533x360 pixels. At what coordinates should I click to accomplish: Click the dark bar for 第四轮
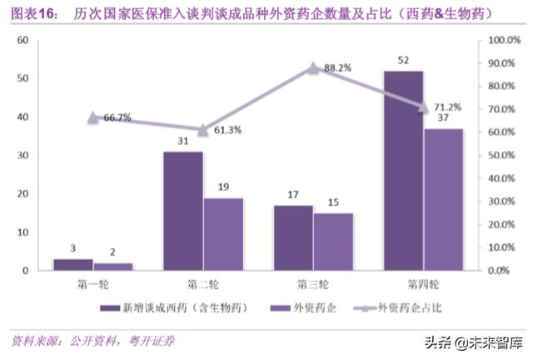[x=403, y=170]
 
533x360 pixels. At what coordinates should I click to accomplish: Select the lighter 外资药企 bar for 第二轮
[x=223, y=233]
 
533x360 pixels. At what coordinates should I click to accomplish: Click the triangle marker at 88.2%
[x=313, y=68]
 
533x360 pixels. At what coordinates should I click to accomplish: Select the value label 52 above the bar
[x=403, y=60]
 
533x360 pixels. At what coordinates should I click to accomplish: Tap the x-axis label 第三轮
[x=313, y=282]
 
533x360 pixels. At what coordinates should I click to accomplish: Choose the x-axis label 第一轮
[x=92, y=282]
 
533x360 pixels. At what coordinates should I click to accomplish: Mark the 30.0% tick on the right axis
[x=503, y=202]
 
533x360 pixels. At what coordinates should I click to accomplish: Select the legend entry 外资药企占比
[x=399, y=307]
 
